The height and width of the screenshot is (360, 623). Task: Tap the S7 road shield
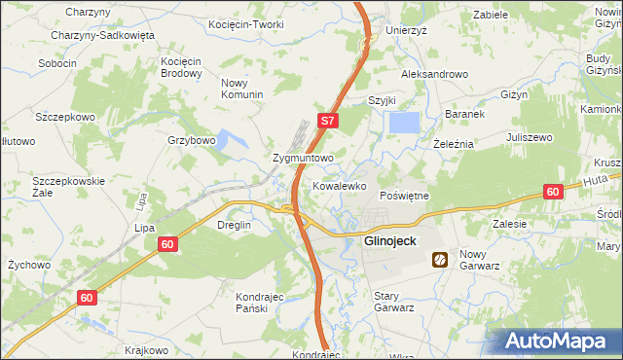[329, 122]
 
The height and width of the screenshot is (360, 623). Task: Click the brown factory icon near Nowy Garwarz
[440, 259]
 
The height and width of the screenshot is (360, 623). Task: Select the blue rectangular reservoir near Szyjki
[404, 123]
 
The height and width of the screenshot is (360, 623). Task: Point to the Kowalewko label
[339, 184]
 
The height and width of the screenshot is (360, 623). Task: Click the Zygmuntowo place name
[304, 157]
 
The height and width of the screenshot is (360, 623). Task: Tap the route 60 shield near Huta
[553, 192]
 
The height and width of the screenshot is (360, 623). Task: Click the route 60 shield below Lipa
[167, 247]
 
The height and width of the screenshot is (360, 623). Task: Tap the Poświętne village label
[403, 196]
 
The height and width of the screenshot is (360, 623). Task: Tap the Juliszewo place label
[531, 137]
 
